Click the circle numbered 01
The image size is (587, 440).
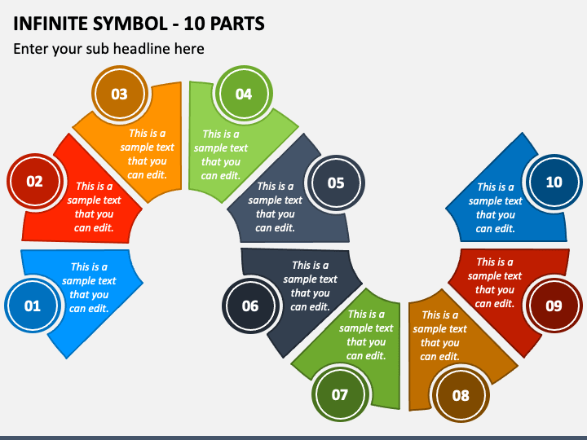32,306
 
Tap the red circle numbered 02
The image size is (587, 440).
34,182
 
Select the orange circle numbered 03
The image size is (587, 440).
119,94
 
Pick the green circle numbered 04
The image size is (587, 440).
244,94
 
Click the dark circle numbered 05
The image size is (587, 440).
336,183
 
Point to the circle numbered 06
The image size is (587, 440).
250,306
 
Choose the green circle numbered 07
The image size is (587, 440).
340,395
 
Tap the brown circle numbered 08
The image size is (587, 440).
461,395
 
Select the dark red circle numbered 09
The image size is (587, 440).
554,306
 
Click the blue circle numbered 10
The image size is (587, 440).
554,182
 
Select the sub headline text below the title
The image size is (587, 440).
108,49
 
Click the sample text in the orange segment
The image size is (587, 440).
148,154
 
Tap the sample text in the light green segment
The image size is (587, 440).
221,155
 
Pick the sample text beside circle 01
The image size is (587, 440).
89,288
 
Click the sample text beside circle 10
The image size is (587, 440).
496,208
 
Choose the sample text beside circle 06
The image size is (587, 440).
311,286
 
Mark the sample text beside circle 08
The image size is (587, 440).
440,336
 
